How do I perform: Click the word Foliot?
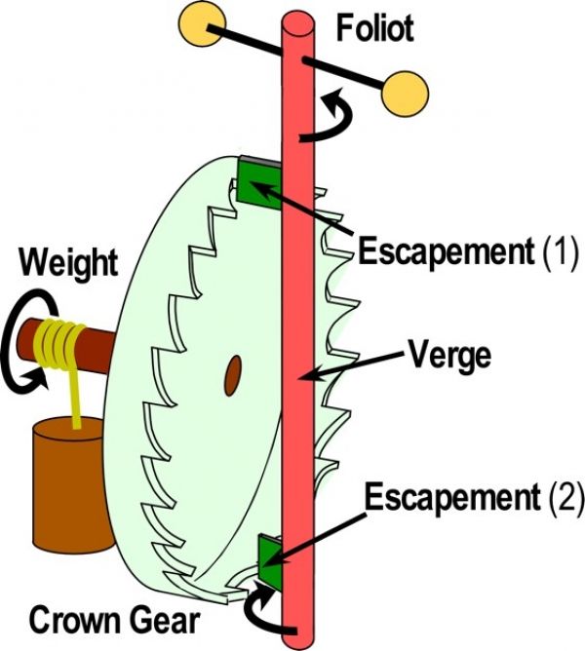click(375, 28)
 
